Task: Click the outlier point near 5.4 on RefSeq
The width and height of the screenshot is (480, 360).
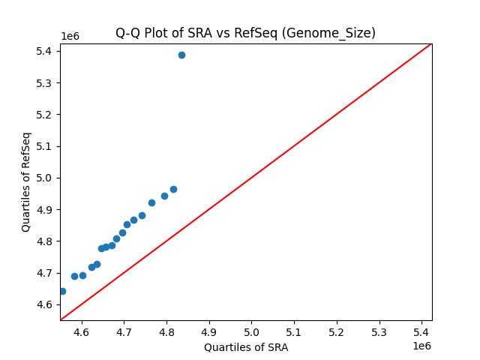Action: click(181, 55)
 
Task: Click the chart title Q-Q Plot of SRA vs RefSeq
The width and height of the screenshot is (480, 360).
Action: click(245, 33)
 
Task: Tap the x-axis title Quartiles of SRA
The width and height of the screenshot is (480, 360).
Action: click(246, 347)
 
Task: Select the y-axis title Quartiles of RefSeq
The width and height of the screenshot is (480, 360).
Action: click(26, 181)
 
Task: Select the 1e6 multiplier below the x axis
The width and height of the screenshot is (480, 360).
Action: click(421, 346)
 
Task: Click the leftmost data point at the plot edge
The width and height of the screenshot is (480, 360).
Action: click(62, 291)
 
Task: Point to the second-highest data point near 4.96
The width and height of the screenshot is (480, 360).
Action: click(173, 189)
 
